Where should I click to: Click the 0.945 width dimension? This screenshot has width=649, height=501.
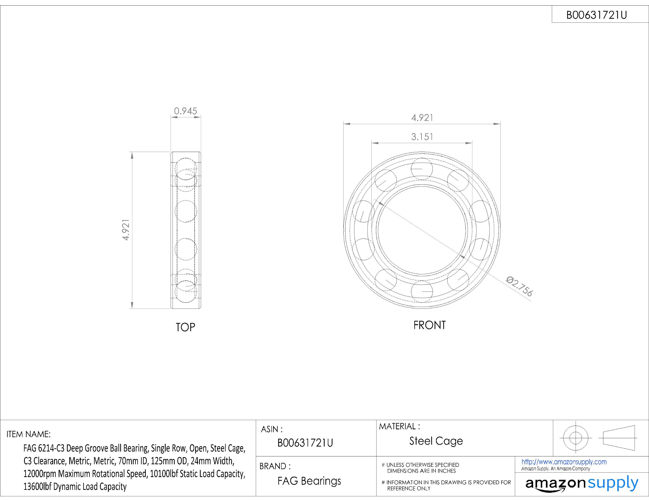click(185, 111)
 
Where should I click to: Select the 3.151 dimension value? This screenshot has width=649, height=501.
click(422, 137)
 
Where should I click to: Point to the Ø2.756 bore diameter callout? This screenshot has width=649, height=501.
click(520, 286)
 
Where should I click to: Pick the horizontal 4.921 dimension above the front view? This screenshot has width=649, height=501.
click(422, 118)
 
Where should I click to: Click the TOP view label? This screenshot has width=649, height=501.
click(185, 327)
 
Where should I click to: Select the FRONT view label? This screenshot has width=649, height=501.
click(429, 325)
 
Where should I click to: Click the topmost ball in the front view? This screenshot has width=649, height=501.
click(422, 169)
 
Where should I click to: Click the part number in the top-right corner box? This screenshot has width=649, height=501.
click(597, 15)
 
